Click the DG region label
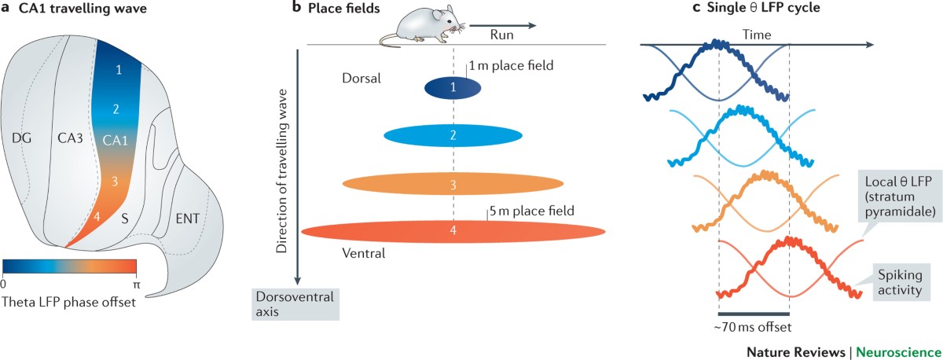click(x=21, y=138)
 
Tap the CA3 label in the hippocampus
click(x=70, y=138)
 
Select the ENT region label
click(x=187, y=219)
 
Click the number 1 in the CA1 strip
click(x=119, y=69)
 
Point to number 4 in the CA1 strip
click(x=97, y=216)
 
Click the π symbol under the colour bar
click(x=136, y=285)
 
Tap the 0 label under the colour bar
click(x=3, y=284)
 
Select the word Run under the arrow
click(x=502, y=35)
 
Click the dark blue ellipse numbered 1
click(x=453, y=87)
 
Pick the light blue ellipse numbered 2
click(x=453, y=135)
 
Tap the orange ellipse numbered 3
click(x=453, y=184)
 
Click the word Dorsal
click(x=361, y=79)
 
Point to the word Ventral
click(x=364, y=253)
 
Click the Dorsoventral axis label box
click(x=295, y=304)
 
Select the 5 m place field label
click(x=532, y=211)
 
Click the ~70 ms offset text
click(x=753, y=327)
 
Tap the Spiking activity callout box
click(x=901, y=282)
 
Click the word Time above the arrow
click(x=757, y=35)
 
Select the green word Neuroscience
click(x=899, y=352)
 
